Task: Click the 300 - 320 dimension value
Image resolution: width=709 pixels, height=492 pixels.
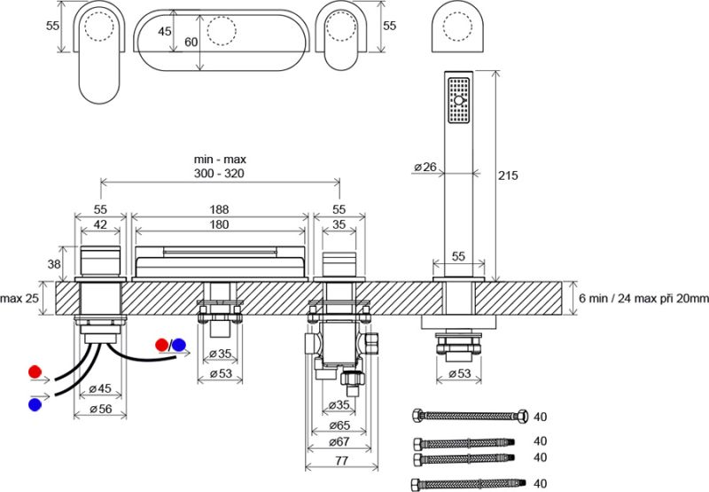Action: coord(220,174)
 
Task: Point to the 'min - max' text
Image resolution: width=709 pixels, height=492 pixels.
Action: coord(220,159)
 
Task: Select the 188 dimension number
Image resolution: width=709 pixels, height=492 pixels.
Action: coord(220,209)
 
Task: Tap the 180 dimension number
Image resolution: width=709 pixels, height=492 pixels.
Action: coord(220,224)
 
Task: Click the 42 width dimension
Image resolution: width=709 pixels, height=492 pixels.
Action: coord(101,224)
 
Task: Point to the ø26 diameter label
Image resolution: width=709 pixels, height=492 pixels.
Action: coord(424,167)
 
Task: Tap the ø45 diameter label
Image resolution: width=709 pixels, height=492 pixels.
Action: coord(99,388)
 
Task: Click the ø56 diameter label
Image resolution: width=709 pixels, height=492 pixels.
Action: coord(99,409)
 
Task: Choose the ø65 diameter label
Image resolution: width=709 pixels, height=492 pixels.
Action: coord(339,426)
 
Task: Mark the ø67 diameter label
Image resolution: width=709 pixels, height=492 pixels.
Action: coord(339,442)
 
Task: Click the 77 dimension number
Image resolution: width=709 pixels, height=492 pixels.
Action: coord(339,461)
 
